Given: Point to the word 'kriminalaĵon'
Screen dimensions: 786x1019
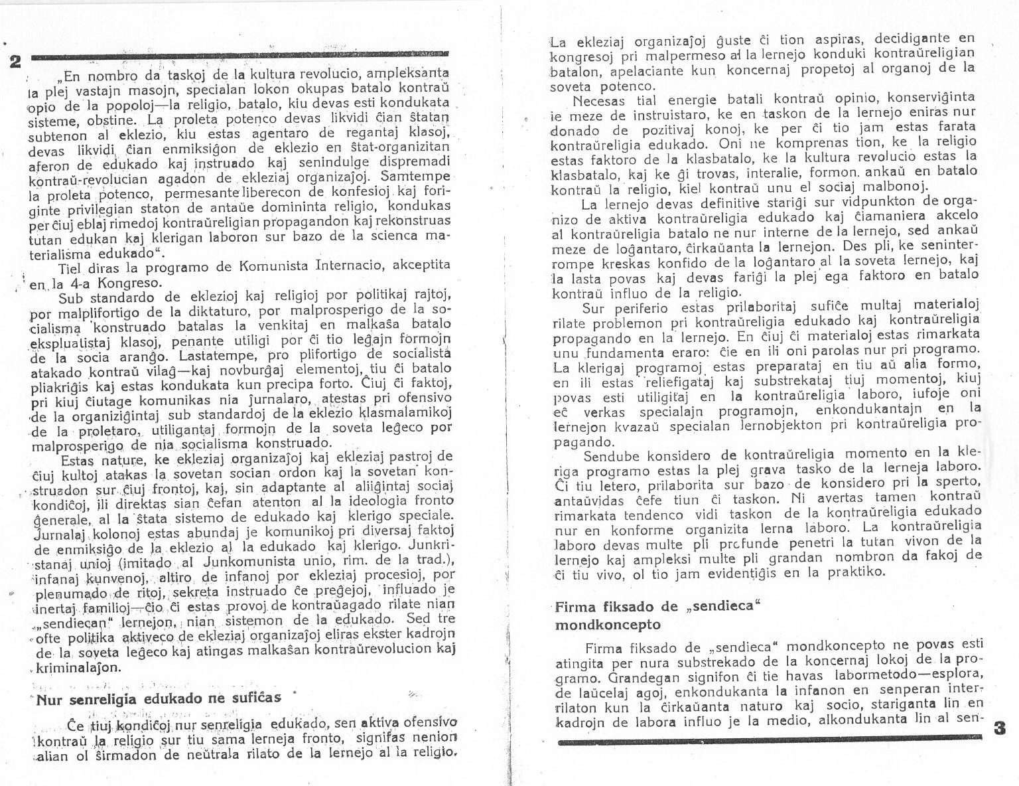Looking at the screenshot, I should click(x=80, y=667).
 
